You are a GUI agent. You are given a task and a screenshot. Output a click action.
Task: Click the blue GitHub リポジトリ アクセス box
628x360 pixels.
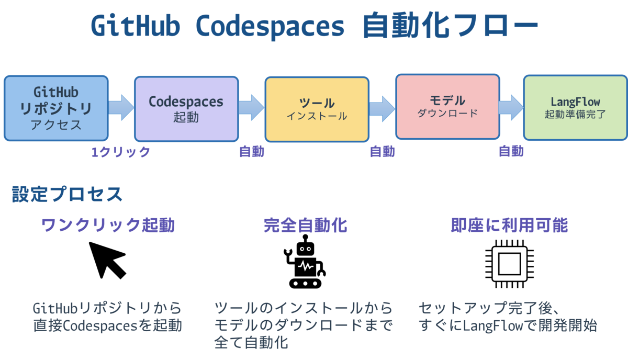pos(56,108)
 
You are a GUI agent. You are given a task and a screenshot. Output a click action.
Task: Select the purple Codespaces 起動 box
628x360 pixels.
pos(186,109)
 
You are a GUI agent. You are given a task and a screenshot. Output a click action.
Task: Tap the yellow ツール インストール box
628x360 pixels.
pos(317,109)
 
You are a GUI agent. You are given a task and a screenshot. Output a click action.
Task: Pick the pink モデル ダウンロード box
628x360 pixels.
pos(447,107)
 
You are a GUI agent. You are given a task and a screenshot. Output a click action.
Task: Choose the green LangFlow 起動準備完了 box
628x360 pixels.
pos(575,108)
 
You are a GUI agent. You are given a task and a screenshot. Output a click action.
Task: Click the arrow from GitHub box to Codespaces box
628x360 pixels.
pos(121,108)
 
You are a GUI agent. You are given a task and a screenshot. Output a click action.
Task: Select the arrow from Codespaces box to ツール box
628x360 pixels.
pos(252,108)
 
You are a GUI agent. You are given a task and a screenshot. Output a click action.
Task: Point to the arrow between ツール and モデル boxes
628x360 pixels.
pos(382,109)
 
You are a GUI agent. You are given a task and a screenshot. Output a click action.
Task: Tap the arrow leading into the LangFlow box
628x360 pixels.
pos(511,108)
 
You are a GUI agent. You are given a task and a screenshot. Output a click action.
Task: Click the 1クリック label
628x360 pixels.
pos(121,152)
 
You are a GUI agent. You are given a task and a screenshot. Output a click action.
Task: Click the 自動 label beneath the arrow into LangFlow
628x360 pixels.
pos(511,151)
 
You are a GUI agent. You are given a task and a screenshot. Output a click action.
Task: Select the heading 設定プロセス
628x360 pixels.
pos(67,194)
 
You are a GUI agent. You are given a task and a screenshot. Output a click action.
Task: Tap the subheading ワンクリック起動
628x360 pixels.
pos(108,225)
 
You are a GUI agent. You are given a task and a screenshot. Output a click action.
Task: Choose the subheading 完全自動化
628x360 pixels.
pos(305,225)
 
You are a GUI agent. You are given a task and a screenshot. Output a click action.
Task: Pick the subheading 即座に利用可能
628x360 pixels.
pos(509,225)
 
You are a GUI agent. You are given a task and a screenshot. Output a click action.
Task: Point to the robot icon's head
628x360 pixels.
pos(305,248)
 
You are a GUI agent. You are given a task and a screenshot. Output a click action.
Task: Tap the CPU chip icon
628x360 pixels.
pos(509,264)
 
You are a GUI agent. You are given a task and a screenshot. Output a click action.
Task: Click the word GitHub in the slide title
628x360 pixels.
pos(136,26)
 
